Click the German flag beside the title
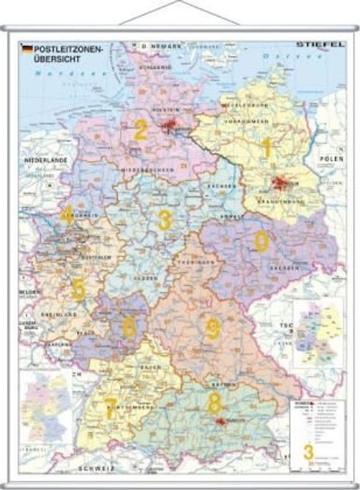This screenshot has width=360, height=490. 27,47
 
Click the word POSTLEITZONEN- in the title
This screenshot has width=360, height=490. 64,48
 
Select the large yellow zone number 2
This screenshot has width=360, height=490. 141,129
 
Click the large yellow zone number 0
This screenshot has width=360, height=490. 261,242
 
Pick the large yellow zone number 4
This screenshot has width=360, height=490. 68,213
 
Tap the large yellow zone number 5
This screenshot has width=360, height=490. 78,288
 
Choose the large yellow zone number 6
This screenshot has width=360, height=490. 129,327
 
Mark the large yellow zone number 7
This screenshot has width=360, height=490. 110,409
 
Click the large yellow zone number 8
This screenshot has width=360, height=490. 214,403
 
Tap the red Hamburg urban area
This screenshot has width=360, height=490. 170,127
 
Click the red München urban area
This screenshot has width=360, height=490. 219,421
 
